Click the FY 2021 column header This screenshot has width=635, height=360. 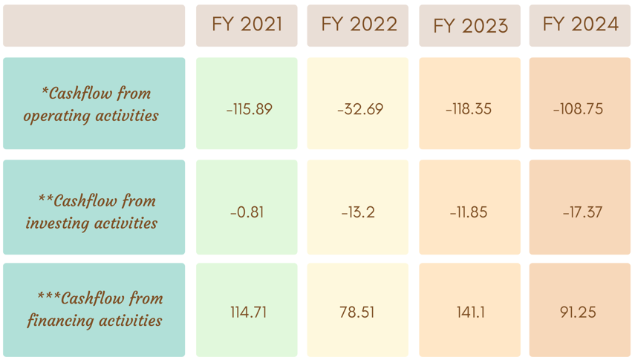(x=247, y=24)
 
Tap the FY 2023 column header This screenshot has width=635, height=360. (x=470, y=26)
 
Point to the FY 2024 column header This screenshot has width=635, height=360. (x=580, y=24)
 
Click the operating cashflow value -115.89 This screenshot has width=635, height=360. (x=249, y=109)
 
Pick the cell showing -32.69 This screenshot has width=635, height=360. (x=360, y=109)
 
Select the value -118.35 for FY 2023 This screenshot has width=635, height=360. (x=469, y=109)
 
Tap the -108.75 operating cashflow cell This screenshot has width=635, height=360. (x=578, y=109)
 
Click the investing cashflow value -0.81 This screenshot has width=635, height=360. (x=247, y=212)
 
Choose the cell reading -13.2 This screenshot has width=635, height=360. (x=357, y=212)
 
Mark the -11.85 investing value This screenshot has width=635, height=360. (x=469, y=212)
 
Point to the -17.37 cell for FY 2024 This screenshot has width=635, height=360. (x=582, y=212)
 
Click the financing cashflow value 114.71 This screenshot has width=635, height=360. (x=248, y=312)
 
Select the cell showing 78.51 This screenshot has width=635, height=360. (x=356, y=312)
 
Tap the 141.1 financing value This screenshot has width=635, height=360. (x=470, y=312)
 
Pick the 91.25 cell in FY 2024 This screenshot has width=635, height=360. (x=578, y=312)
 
